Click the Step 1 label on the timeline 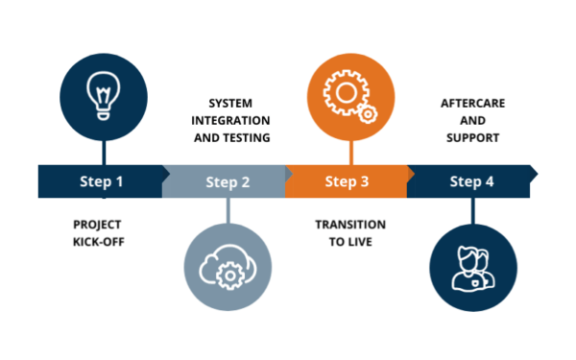coord(102,181)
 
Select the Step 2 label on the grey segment coord(228,182)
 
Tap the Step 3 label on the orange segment coord(347,181)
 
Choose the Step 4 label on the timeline coord(471,181)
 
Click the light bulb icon coord(104,95)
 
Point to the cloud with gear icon coord(228,268)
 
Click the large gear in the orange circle coord(345,92)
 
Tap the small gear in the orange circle coord(368,114)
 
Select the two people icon coord(473,269)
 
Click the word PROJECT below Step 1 coord(97,225)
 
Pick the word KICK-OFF coord(99,242)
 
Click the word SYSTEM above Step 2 coord(230,104)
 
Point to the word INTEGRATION coord(230,121)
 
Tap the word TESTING coord(247,137)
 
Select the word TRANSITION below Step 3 coord(350,225)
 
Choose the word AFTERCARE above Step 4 coord(472,104)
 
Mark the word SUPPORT coord(472,137)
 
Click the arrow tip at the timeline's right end coord(537,174)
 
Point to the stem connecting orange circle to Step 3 coord(351,153)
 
